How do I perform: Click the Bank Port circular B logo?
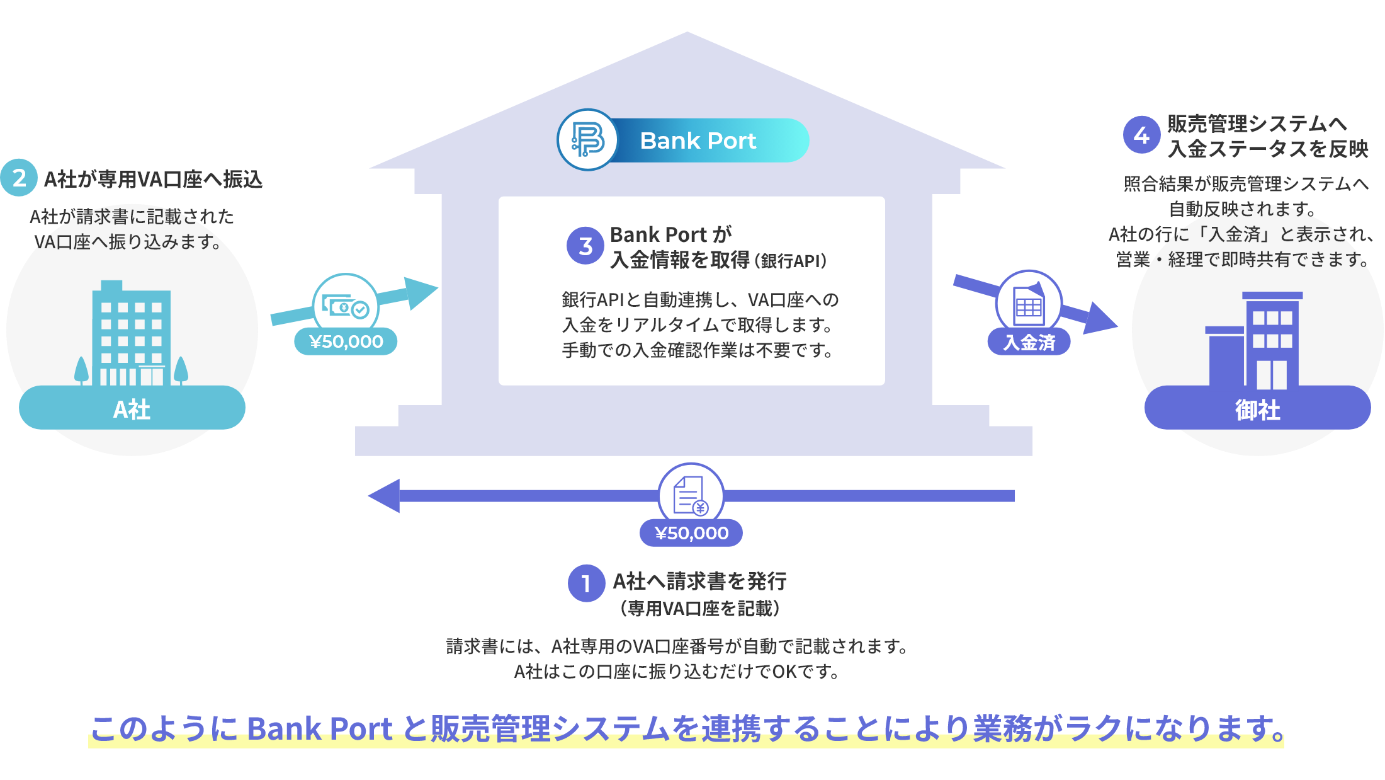click(x=587, y=140)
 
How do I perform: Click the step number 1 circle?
click(x=586, y=583)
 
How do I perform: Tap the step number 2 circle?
click(x=19, y=178)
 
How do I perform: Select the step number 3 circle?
click(x=585, y=246)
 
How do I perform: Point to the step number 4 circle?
click(x=1141, y=135)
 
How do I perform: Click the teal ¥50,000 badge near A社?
click(x=346, y=341)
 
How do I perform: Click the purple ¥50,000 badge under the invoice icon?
click(x=691, y=533)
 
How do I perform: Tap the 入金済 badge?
click(x=1029, y=342)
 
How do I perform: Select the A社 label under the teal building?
click(x=132, y=409)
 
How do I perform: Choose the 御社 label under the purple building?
click(x=1257, y=410)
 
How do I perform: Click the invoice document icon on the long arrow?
click(x=691, y=496)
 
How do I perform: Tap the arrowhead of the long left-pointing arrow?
click(x=384, y=496)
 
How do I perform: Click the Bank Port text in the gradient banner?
click(x=698, y=141)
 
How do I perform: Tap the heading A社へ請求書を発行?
click(x=699, y=581)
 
